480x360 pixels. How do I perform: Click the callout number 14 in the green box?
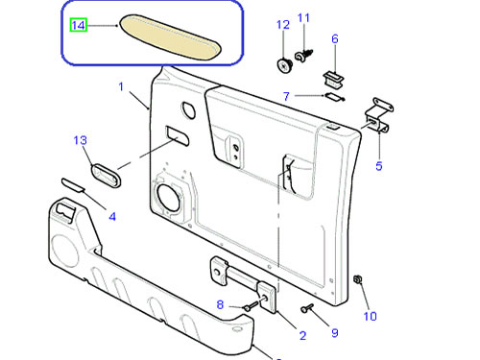(x=79, y=25)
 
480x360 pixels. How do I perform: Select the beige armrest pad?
(x=171, y=37)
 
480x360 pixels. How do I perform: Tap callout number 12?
(x=283, y=25)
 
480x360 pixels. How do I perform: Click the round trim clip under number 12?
(x=284, y=65)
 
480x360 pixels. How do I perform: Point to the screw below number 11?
(x=303, y=56)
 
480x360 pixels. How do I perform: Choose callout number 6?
(x=335, y=38)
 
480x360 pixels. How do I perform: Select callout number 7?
(x=286, y=96)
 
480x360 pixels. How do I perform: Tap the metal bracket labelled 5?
(x=379, y=115)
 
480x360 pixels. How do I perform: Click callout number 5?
(x=379, y=166)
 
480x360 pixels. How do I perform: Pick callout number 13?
(x=80, y=140)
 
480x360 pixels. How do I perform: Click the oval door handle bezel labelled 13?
(x=106, y=176)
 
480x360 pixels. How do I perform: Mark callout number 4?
(x=112, y=217)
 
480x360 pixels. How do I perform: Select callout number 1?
(x=121, y=86)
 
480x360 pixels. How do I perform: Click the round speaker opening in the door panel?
(x=168, y=198)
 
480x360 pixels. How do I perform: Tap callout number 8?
(x=220, y=304)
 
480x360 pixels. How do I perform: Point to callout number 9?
(x=335, y=333)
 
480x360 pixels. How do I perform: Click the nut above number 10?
(x=357, y=279)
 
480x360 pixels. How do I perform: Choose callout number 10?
(x=370, y=316)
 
